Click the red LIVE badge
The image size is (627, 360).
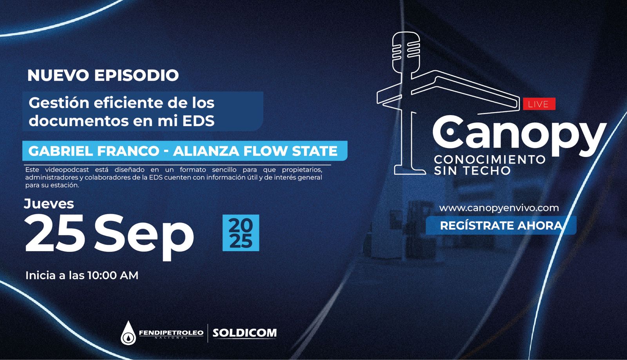coord(539,104)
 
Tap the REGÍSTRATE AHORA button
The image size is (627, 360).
coord(501,225)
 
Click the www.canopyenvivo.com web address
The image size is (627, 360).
coord(499,208)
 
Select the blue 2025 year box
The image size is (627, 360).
coord(241,233)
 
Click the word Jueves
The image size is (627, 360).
coord(49,204)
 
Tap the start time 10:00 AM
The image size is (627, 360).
coord(113,275)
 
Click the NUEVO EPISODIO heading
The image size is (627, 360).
coord(103,75)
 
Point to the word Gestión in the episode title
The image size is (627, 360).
coord(59,103)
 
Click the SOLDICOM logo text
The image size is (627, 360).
coord(245,333)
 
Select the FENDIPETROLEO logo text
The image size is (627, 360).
coord(171,333)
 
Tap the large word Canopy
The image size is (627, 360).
coord(519,136)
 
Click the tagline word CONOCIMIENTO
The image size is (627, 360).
coord(490,160)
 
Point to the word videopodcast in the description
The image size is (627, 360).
coord(67,170)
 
